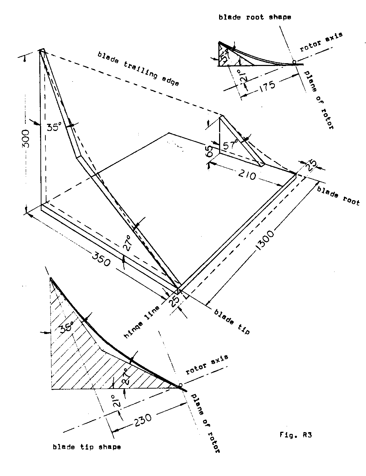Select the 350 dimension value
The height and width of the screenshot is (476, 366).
click(x=102, y=258)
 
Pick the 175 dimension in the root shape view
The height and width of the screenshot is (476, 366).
click(x=265, y=87)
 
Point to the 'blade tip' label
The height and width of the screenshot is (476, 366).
click(x=231, y=321)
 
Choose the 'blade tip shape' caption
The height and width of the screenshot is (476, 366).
click(x=87, y=447)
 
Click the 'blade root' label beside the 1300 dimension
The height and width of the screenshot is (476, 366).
click(x=338, y=196)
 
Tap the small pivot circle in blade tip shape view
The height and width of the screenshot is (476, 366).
click(x=180, y=385)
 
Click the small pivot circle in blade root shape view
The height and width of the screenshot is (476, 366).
click(x=294, y=62)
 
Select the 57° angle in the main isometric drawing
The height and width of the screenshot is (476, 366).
click(x=231, y=146)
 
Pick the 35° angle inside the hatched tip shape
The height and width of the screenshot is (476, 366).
click(x=67, y=326)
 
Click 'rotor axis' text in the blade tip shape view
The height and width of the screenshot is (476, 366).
click(x=207, y=365)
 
